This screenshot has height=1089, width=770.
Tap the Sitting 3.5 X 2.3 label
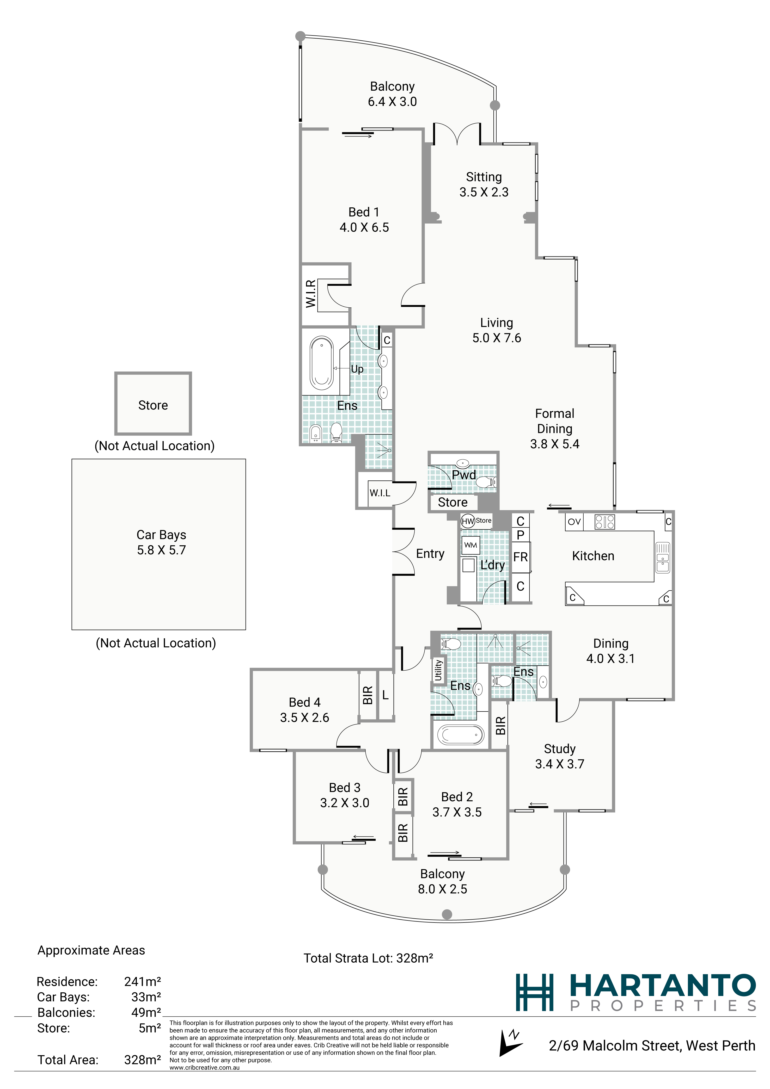484,184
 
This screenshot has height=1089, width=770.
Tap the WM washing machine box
471,545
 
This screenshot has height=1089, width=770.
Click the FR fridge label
521,557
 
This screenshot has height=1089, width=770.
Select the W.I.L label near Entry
380,493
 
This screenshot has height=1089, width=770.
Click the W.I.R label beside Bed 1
311,294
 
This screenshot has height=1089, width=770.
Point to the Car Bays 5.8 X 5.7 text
161,542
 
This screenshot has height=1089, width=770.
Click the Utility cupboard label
438,670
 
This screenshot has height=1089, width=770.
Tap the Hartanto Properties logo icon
535,992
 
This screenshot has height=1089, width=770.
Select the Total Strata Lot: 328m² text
368,958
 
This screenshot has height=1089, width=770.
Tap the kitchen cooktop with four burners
605,522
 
